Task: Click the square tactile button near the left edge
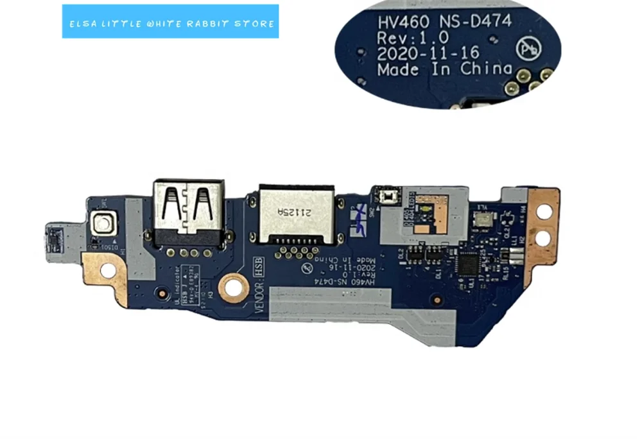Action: click(102, 224)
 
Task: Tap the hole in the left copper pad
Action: click(107, 270)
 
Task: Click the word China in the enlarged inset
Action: click(486, 69)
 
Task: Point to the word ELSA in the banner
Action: click(82, 24)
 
